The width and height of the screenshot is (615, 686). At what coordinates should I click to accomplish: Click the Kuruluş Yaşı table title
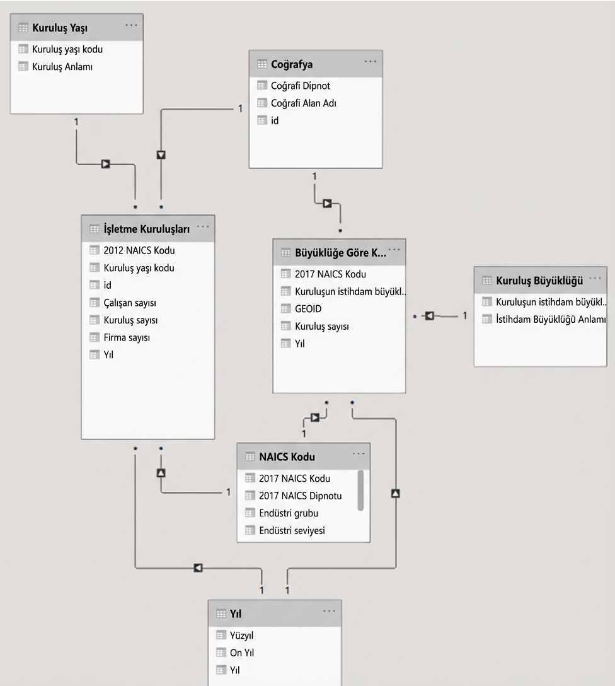tap(60, 28)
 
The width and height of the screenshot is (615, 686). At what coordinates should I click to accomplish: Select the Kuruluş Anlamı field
tap(62, 66)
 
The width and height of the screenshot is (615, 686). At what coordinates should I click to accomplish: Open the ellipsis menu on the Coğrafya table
tap(370, 62)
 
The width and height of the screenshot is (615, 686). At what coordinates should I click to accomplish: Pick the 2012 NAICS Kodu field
tap(139, 250)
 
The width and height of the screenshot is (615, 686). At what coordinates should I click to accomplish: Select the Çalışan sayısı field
tap(130, 303)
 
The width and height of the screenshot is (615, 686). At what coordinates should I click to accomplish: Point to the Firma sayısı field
tap(127, 337)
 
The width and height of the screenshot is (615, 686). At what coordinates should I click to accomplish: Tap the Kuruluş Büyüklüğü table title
tap(539, 280)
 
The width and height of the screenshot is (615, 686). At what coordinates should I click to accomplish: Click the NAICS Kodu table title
tap(287, 456)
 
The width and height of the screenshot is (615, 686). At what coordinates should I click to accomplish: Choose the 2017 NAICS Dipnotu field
tap(300, 496)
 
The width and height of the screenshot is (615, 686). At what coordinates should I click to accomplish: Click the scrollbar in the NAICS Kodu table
tap(360, 489)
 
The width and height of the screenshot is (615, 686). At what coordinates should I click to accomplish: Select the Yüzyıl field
tap(241, 636)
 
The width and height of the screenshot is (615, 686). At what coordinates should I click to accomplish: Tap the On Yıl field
tap(242, 653)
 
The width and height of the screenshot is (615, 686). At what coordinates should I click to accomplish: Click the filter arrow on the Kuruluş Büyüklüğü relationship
tap(430, 315)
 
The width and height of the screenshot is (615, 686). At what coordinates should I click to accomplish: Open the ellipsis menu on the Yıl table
tap(330, 612)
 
